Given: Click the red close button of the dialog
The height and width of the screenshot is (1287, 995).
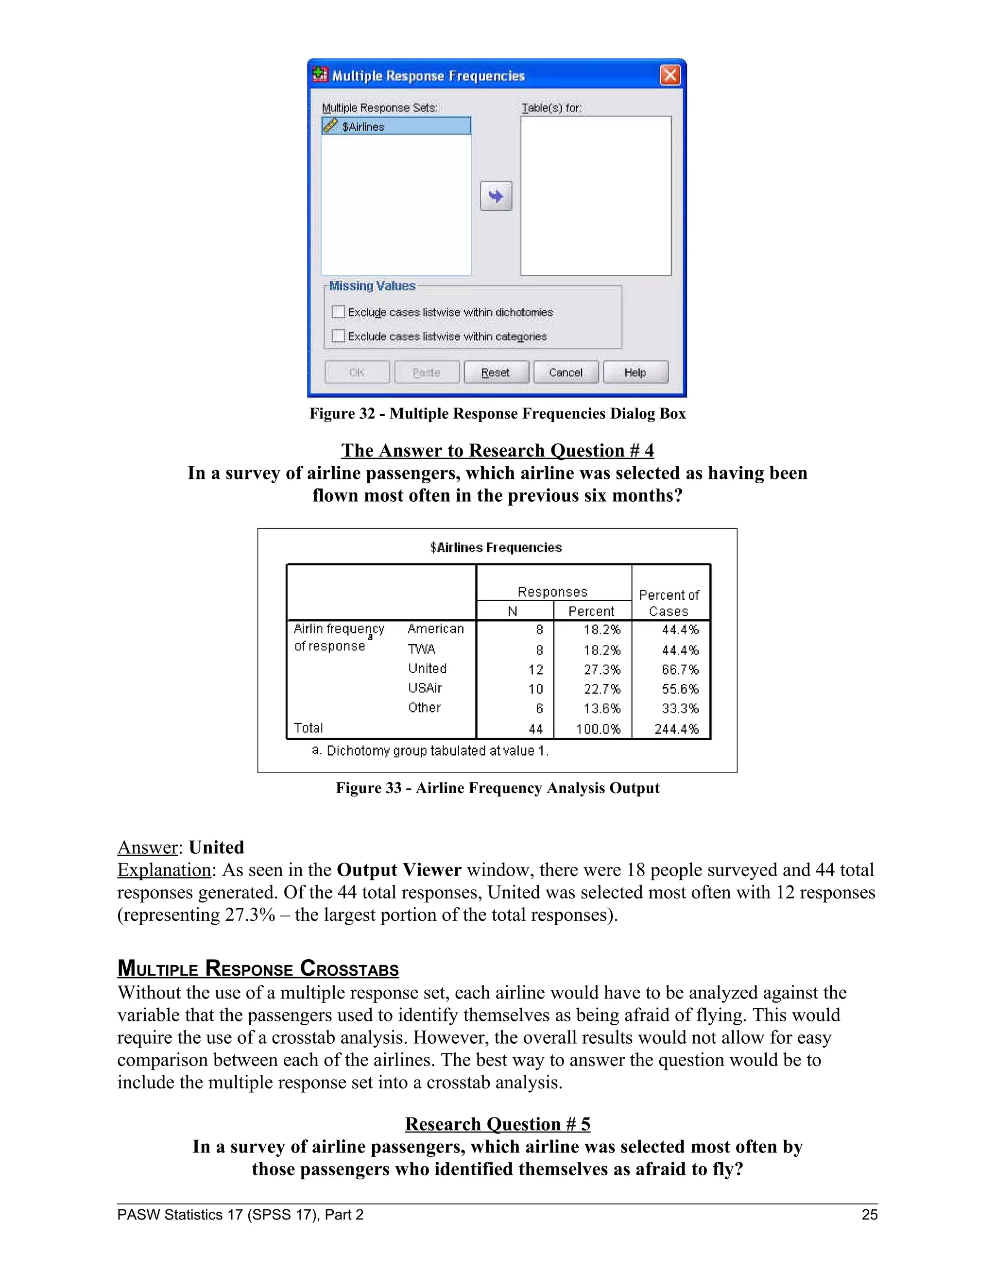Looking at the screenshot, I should click(x=669, y=75).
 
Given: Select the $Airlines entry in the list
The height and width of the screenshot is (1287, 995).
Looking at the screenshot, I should click(x=395, y=126).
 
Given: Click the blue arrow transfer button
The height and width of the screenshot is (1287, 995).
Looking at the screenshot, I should click(x=496, y=196).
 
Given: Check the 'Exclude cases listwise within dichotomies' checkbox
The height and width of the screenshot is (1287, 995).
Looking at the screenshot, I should click(x=338, y=312).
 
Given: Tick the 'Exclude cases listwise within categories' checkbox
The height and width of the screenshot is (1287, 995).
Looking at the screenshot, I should click(x=338, y=336).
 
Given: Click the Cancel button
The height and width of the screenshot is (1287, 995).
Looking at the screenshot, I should click(x=566, y=373).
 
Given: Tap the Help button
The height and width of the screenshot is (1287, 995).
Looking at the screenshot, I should click(x=635, y=373).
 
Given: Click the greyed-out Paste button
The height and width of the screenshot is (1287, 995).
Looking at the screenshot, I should click(x=426, y=373).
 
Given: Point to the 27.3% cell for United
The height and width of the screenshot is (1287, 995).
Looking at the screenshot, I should click(x=602, y=669).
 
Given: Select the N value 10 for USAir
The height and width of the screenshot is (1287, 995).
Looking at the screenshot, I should click(x=535, y=689).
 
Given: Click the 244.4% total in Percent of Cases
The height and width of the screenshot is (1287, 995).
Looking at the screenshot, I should click(x=676, y=729).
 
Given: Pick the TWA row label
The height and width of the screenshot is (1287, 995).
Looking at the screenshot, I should click(x=421, y=649).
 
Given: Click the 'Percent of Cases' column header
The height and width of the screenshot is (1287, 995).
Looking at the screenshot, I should click(x=669, y=603).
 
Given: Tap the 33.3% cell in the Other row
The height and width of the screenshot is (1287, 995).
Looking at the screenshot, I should click(x=680, y=708).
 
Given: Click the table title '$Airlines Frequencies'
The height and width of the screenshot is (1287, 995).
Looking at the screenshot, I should click(x=496, y=547).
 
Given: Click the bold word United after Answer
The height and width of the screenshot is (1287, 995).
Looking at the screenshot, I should click(x=216, y=847).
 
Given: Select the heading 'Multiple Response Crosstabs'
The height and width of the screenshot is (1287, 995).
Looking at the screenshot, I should click(x=257, y=968).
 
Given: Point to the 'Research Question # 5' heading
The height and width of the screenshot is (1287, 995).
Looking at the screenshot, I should click(x=497, y=1124).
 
